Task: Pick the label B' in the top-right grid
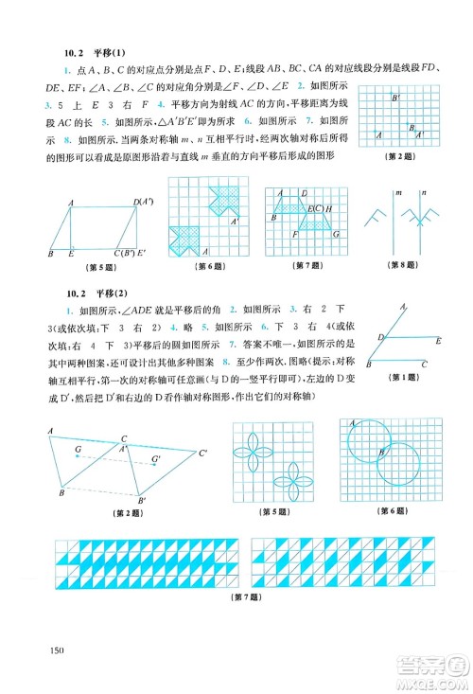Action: pos(396,98)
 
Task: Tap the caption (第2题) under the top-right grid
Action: pos(402,155)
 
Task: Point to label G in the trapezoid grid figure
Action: pos(296,232)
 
